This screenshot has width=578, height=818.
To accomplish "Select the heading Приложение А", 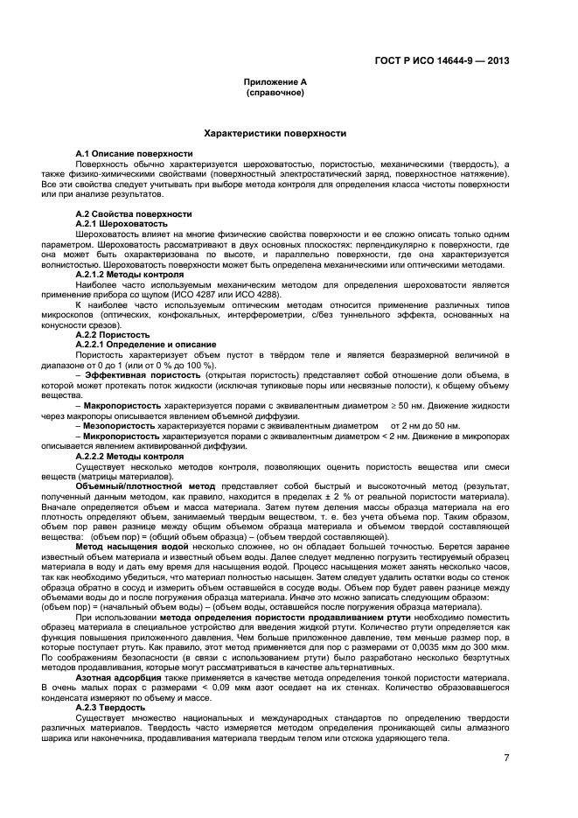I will tap(275, 81).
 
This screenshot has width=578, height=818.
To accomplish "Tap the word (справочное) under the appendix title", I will tap(275, 91).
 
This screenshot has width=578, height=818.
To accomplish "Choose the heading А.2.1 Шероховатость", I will tap(121, 223).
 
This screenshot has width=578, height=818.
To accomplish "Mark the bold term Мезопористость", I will tap(121, 425).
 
